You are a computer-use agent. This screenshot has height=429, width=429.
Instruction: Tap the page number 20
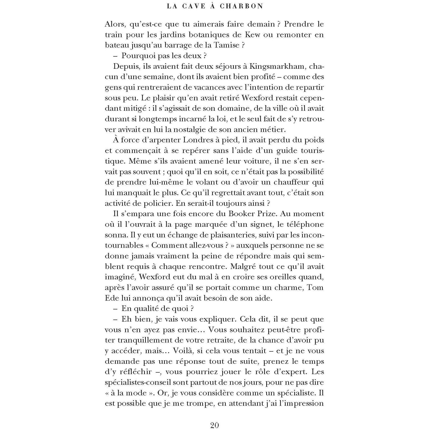coord(214,425)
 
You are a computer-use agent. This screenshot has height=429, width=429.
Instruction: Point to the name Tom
coord(315,287)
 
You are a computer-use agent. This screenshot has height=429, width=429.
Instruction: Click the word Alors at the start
coord(115,24)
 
